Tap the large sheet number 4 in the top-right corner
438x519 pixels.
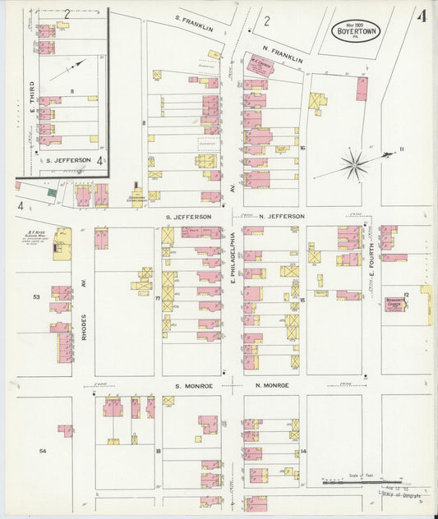(421, 16)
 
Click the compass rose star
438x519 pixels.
(354, 165)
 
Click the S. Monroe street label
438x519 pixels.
(193, 385)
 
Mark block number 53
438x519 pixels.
(36, 296)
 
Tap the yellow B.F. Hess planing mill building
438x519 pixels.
(62, 244)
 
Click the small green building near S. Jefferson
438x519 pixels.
(51, 192)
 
